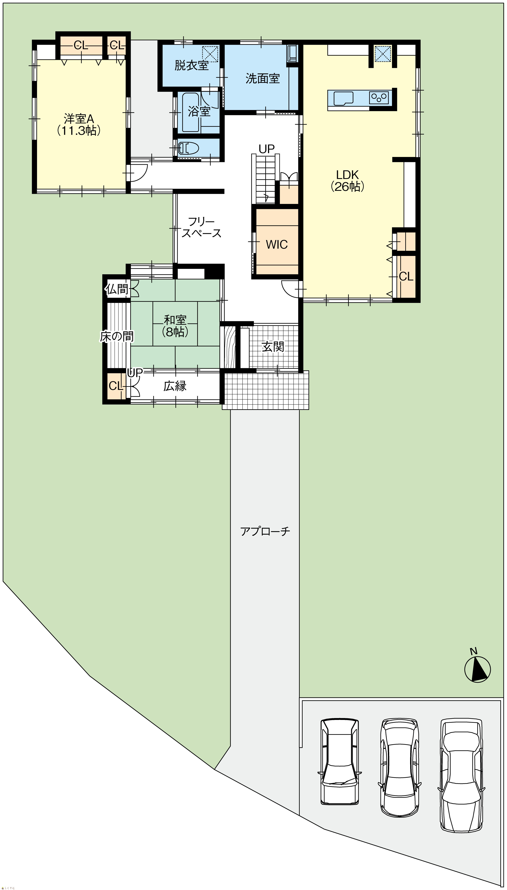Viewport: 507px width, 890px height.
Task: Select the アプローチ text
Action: (265, 531)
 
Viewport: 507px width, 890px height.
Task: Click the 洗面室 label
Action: (263, 78)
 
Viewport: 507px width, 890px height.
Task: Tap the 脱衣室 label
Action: (192, 65)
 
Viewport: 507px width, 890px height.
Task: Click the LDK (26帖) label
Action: (347, 180)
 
